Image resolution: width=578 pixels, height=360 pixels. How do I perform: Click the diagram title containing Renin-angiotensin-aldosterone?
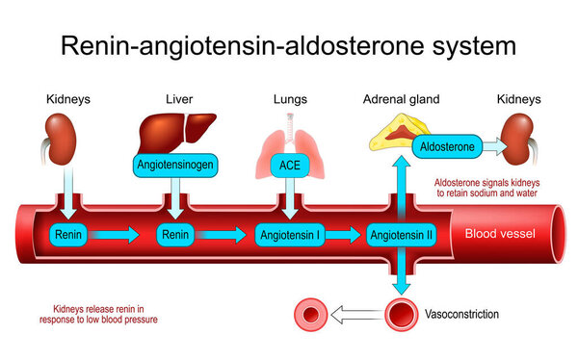tap(289, 44)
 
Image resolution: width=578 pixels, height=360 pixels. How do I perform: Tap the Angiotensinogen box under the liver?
tap(175, 165)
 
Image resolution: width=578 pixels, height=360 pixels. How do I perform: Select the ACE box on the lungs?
tap(289, 165)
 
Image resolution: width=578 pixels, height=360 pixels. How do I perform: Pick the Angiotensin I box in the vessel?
tap(289, 234)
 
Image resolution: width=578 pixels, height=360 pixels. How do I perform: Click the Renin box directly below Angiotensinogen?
tap(175, 234)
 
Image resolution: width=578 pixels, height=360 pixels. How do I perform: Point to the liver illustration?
tap(174, 129)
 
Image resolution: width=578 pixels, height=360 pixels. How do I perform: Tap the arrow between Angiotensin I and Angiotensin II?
tap(345, 234)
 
